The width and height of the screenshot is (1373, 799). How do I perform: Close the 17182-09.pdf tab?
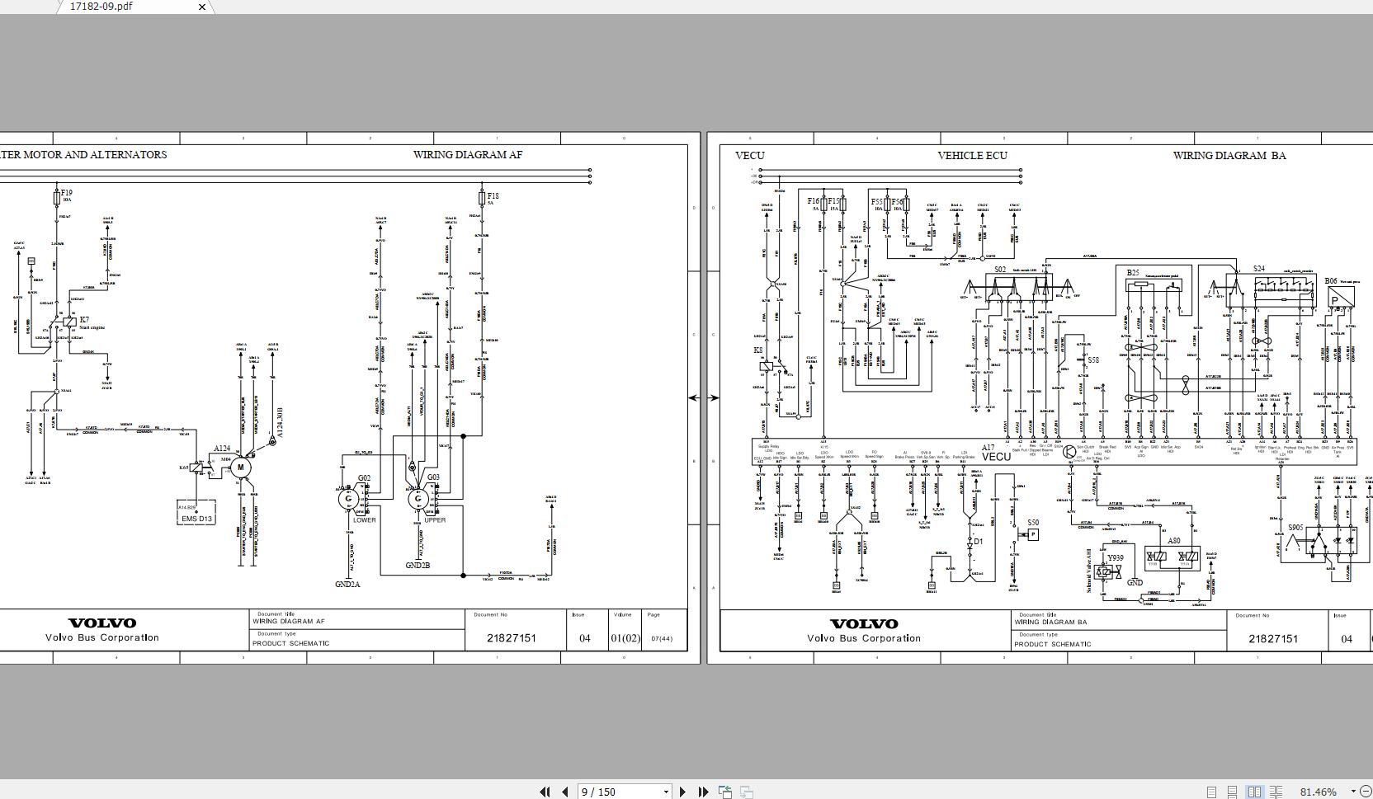coord(202,7)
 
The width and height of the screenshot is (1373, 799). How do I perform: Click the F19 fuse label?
coord(66,193)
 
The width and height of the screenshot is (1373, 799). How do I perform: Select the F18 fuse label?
coord(493,195)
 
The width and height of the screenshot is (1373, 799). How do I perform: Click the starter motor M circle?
coord(240,468)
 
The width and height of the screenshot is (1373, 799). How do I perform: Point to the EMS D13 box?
coord(196,519)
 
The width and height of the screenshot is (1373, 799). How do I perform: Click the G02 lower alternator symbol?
coord(349,497)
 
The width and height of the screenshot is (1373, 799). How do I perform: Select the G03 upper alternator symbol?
coord(418,498)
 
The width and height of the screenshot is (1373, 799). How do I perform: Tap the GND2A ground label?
coord(347,585)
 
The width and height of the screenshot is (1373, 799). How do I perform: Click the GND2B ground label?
coord(418,566)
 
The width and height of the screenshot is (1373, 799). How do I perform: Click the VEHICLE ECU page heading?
coord(972,155)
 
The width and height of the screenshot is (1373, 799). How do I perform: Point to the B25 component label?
coord(1133,273)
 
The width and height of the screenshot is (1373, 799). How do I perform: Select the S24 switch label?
coord(1258,269)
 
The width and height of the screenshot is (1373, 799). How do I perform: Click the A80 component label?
coord(1173,542)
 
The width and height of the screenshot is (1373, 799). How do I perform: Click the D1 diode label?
coord(979,542)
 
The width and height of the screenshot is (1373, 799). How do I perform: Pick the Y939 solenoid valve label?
coord(1116,557)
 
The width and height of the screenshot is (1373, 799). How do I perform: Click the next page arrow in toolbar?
coord(682,792)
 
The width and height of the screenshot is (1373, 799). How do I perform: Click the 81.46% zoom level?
coord(1318,792)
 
